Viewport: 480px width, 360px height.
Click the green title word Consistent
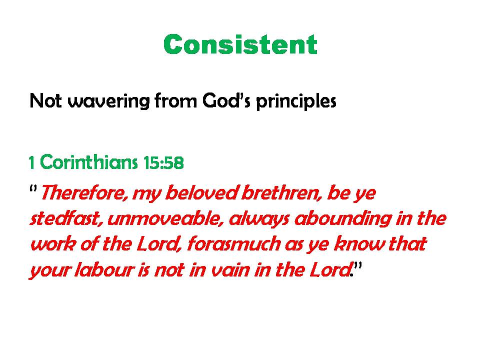pyautogui.click(x=240, y=44)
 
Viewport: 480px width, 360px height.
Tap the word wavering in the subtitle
pyautogui.click(x=108, y=101)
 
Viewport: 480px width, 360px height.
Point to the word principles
pyautogui.click(x=296, y=101)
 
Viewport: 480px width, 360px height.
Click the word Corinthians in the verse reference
pyautogui.click(x=89, y=161)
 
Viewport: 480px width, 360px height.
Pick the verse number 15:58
pyautogui.click(x=163, y=162)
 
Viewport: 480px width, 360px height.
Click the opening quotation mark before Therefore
pyautogui.click(x=33, y=189)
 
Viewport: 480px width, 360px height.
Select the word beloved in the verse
pyautogui.click(x=201, y=193)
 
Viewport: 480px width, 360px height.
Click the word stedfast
pyautogui.click(x=66, y=218)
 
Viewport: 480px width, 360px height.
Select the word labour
pyautogui.click(x=104, y=270)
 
